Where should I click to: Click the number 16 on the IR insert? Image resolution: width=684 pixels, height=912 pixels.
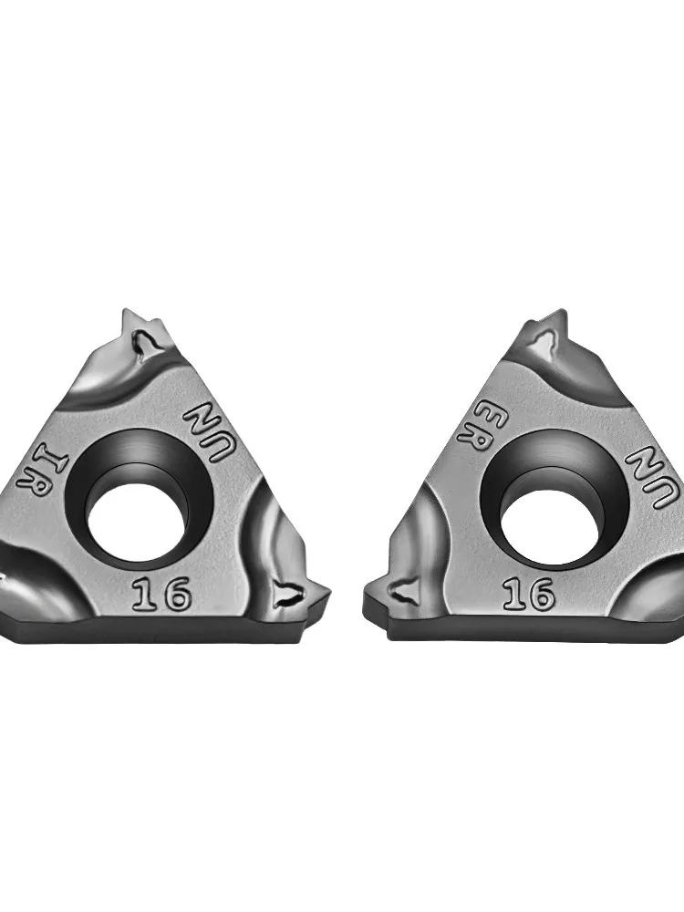pyautogui.click(x=161, y=593)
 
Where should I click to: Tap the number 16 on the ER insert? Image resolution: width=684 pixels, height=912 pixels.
pyautogui.click(x=528, y=594)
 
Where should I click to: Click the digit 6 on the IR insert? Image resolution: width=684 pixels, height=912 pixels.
pyautogui.click(x=175, y=593)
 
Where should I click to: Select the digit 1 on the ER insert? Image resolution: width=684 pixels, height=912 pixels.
pyautogui.click(x=513, y=594)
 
